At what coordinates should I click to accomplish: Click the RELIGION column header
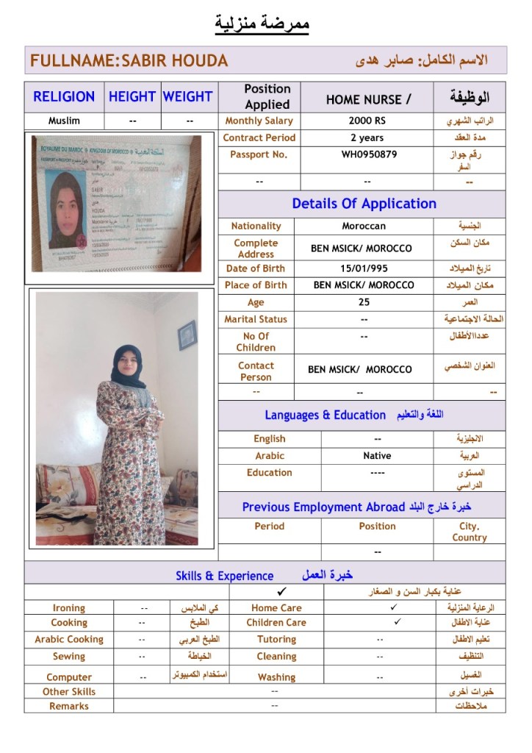click(x=64, y=96)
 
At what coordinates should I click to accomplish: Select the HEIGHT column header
click(x=132, y=96)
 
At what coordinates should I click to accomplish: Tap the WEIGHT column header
click(x=187, y=96)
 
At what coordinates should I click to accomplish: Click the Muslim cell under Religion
click(x=64, y=121)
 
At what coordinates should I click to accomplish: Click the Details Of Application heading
click(x=364, y=204)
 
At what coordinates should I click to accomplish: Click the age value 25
click(x=364, y=302)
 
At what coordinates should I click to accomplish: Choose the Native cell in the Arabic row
click(x=377, y=456)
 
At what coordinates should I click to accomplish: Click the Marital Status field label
click(x=256, y=319)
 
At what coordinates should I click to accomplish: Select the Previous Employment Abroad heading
click(x=323, y=507)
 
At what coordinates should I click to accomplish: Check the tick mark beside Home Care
click(x=394, y=607)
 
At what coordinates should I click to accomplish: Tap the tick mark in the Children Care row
click(x=397, y=622)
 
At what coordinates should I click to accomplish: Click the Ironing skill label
click(x=69, y=608)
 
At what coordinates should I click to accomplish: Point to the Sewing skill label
click(x=69, y=657)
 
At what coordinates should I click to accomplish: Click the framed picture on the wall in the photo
click(x=187, y=335)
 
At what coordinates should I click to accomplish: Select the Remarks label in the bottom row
click(x=69, y=706)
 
